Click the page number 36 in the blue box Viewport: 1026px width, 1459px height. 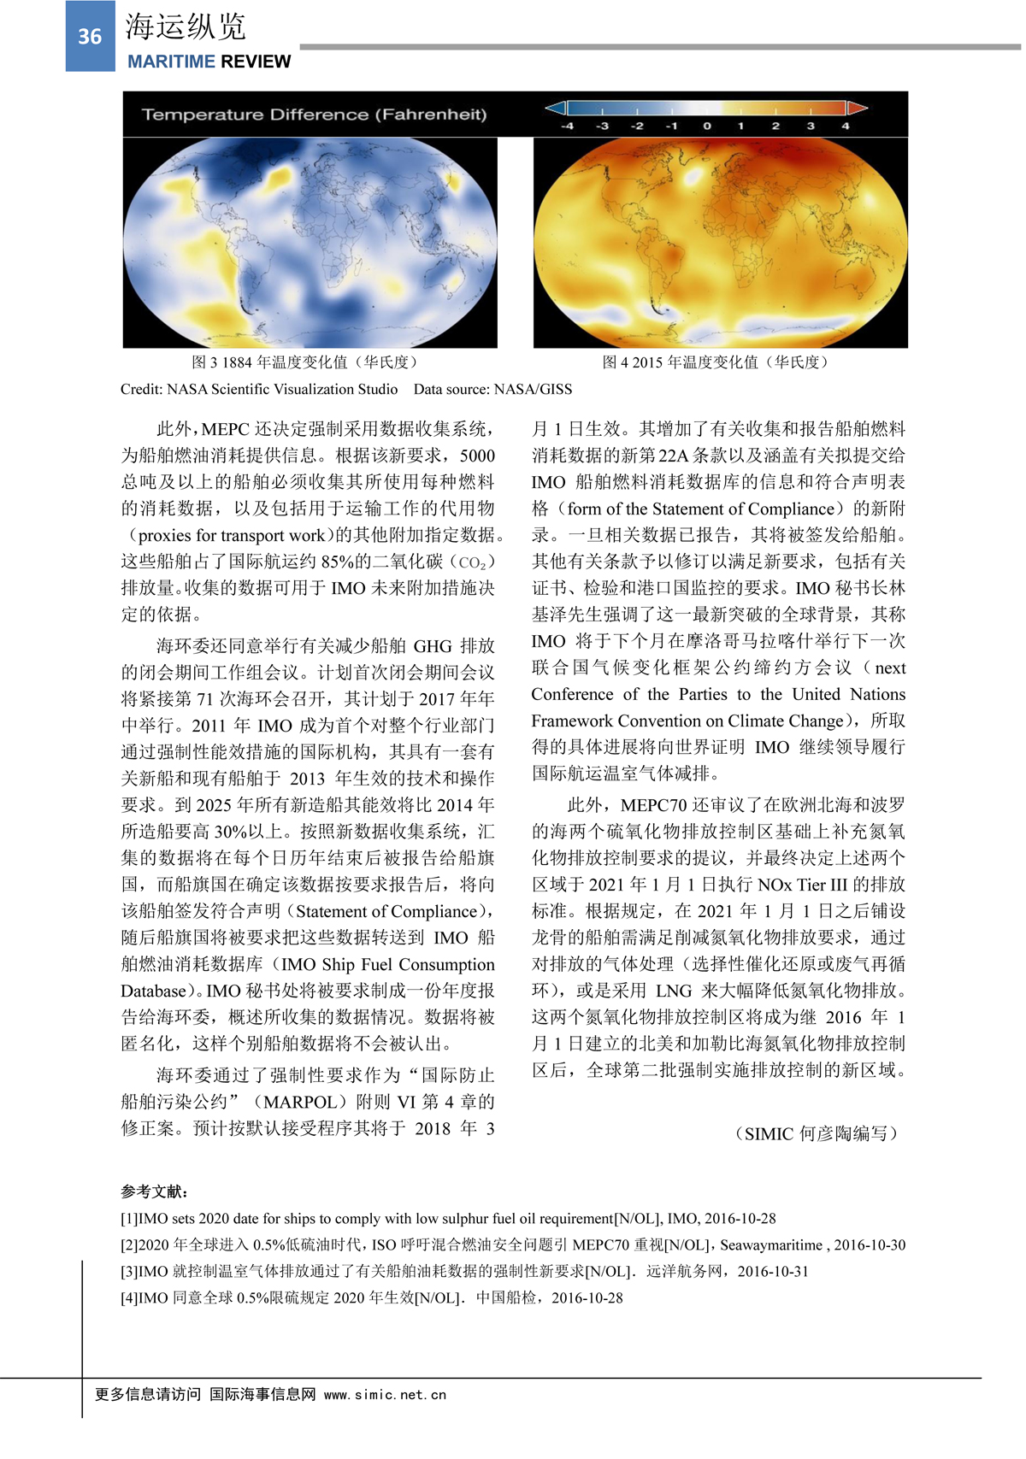pyautogui.click(x=90, y=37)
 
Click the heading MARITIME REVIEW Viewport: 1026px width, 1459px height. pyautogui.click(x=209, y=62)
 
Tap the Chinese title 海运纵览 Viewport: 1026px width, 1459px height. pyautogui.click(x=186, y=26)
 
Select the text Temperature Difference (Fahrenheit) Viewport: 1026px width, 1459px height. pyautogui.click(x=314, y=115)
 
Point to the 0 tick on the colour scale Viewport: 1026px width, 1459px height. pyautogui.click(x=706, y=126)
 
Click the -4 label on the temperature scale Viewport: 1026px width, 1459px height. pyautogui.click(x=567, y=126)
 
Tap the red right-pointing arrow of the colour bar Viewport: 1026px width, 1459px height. pyautogui.click(x=857, y=108)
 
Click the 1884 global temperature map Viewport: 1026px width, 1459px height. pyautogui.click(x=310, y=243)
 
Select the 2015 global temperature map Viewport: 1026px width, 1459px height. pyautogui.click(x=720, y=243)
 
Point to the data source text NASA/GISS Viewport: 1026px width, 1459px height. pyautogui.click(x=533, y=390)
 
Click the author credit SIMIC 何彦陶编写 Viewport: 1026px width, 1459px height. pyautogui.click(x=817, y=1134)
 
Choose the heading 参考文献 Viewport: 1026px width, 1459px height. pyautogui.click(x=154, y=1191)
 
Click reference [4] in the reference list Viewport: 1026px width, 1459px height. pyautogui.click(x=371, y=1297)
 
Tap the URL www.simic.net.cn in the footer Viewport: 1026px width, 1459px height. pyautogui.click(x=385, y=1395)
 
